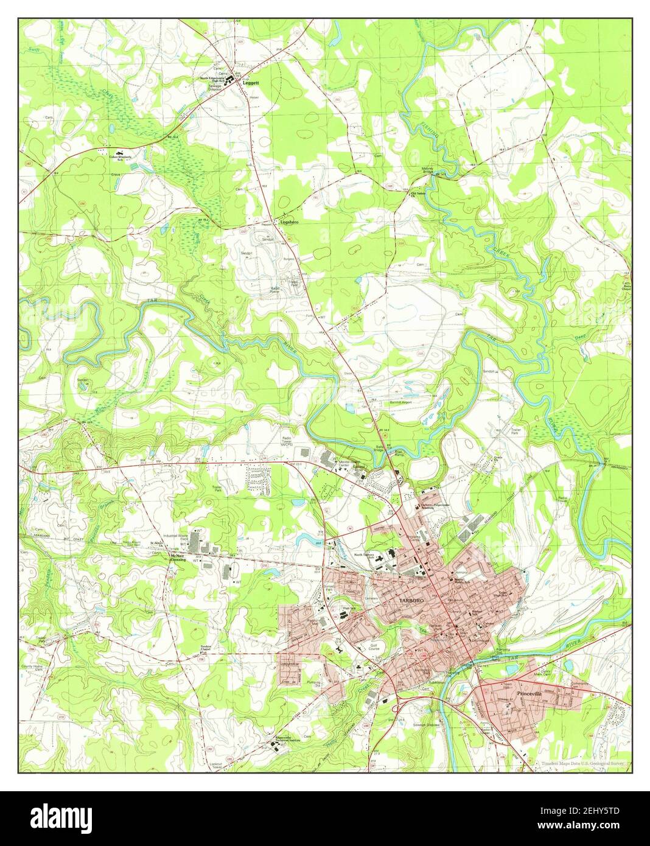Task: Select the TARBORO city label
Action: pyautogui.click(x=411, y=601)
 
